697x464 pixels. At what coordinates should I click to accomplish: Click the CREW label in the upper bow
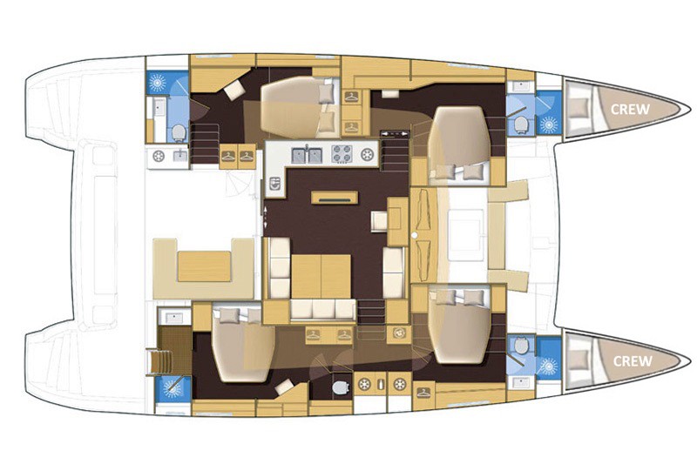click(630, 109)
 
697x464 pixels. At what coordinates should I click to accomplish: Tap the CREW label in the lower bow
click(633, 361)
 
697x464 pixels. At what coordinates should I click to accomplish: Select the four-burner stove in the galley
click(342, 154)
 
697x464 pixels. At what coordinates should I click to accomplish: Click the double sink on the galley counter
click(307, 155)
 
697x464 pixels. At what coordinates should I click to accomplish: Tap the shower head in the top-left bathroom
click(157, 83)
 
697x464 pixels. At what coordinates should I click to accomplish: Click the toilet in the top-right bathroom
click(520, 124)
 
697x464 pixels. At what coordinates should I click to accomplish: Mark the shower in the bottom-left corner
click(173, 388)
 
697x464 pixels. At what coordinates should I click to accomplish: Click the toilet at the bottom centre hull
click(341, 387)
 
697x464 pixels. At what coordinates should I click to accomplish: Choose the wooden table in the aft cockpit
click(204, 266)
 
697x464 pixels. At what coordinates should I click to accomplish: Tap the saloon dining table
click(321, 276)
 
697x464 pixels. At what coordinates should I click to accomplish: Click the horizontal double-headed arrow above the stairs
click(395, 133)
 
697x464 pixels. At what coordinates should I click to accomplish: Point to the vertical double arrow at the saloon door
click(266, 218)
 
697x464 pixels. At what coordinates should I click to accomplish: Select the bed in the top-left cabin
click(299, 106)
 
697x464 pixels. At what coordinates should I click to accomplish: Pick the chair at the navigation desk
click(379, 220)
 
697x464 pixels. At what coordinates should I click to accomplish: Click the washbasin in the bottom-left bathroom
click(174, 318)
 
